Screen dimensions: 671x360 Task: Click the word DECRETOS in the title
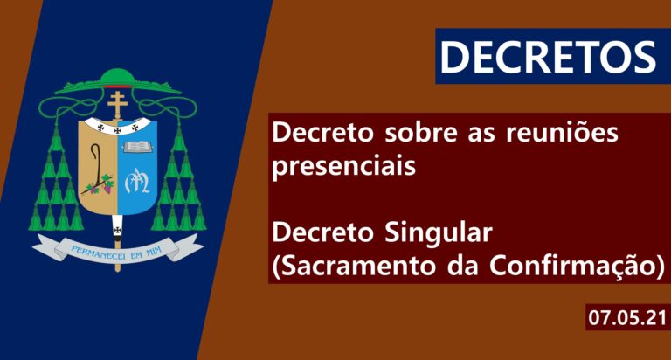point(548,57)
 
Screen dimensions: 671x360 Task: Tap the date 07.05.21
point(627,318)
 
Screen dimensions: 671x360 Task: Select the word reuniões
point(562,132)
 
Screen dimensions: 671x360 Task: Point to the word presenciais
point(344,166)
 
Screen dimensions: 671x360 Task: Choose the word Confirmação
point(573,266)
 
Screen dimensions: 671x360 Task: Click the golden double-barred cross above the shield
point(117,104)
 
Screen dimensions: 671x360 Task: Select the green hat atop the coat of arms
point(118,81)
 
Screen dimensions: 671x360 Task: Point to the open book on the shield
point(137,147)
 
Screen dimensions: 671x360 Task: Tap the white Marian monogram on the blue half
point(137,181)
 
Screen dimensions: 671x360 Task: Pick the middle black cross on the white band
point(117,130)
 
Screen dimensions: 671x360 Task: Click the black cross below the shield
point(117,230)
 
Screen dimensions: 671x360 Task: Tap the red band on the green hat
point(118,87)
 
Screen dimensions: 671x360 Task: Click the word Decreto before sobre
point(323,133)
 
